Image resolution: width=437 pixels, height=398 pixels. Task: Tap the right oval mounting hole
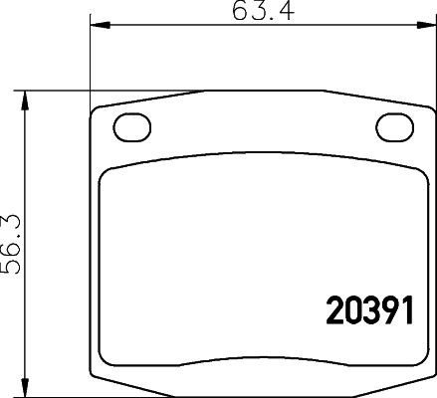pyautogui.click(x=393, y=127)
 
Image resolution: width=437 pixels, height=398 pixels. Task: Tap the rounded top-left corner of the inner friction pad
pyautogui.click(x=112, y=170)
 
